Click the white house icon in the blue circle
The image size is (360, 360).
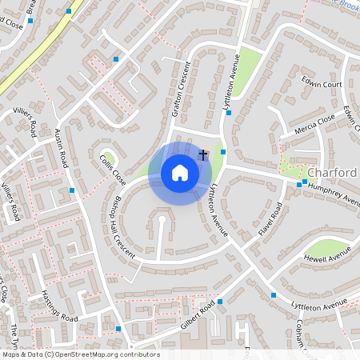point(180,173)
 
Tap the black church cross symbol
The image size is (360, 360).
point(203,154)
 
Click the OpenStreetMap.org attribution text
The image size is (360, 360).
point(80,354)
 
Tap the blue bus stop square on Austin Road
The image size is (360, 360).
point(72,190)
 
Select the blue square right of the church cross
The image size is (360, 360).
point(223,152)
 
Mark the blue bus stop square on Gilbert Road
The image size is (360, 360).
point(219,302)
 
